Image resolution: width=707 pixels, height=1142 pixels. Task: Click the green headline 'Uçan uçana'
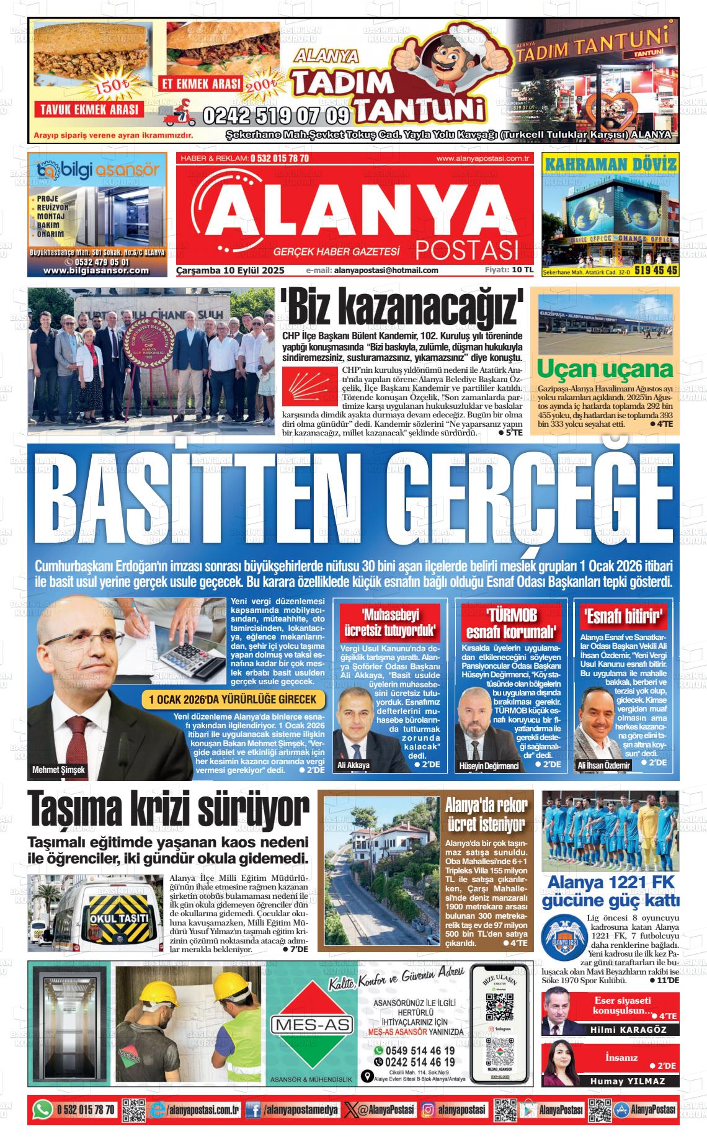tap(605, 369)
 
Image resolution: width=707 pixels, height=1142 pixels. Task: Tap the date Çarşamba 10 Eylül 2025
tap(230, 270)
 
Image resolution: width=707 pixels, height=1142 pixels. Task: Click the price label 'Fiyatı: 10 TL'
tap(509, 270)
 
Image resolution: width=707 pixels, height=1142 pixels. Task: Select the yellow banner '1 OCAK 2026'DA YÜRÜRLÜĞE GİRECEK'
tap(233, 700)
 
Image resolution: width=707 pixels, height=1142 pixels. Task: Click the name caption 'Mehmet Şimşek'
tap(59, 770)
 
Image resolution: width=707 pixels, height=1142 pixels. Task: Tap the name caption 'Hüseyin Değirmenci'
tap(488, 766)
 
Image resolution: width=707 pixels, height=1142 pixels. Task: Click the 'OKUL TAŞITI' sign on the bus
tap(119, 918)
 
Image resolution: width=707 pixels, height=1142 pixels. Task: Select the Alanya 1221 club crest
tap(563, 939)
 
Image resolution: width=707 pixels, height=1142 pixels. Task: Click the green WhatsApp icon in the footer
tap(42, 1109)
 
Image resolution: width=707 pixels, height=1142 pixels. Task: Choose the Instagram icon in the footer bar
tap(428, 1109)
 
